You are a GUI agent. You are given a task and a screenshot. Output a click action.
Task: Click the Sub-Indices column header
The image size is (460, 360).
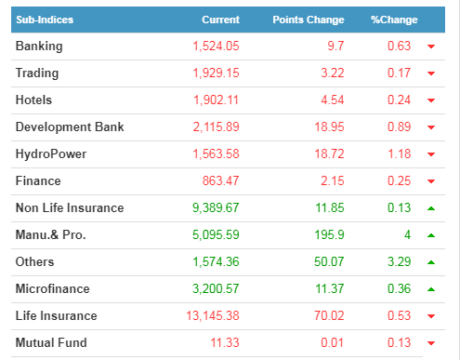[x=45, y=20]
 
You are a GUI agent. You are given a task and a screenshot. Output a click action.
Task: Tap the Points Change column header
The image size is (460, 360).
[x=309, y=20]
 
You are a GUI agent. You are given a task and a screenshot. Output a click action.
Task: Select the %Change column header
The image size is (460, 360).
[x=394, y=20]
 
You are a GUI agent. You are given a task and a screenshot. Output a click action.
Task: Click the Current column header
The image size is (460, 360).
[x=220, y=20]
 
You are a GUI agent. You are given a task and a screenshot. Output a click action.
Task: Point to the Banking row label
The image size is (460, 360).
[x=39, y=47]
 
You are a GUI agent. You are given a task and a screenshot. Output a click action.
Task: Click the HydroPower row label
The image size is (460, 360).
[x=51, y=154]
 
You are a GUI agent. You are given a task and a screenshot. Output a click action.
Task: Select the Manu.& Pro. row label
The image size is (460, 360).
[x=50, y=234]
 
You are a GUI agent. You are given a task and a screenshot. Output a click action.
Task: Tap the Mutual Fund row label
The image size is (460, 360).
[x=51, y=342]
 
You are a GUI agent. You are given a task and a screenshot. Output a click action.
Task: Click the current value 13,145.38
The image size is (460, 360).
[x=213, y=315]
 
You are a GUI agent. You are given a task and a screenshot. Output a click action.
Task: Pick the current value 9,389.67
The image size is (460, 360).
[x=216, y=207]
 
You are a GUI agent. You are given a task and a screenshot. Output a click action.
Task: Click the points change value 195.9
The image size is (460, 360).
[x=329, y=234]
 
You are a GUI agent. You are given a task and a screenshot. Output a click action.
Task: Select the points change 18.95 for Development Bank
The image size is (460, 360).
[x=329, y=127]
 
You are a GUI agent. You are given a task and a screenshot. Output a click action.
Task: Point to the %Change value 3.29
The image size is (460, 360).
[x=399, y=261]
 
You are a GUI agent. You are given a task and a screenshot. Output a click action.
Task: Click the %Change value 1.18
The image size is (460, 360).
[x=400, y=153]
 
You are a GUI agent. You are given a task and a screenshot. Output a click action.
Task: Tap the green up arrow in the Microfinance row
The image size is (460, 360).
[x=431, y=289]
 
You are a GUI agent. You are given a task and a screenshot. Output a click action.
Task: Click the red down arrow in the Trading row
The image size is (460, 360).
[x=431, y=73]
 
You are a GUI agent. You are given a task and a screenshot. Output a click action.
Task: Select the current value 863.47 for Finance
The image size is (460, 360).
[x=220, y=180]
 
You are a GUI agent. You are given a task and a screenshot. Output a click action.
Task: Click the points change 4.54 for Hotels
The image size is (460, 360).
[x=333, y=100]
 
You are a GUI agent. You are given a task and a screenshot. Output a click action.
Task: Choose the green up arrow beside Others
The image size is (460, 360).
[x=431, y=262]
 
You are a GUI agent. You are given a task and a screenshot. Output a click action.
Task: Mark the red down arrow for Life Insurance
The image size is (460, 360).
[x=431, y=316]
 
